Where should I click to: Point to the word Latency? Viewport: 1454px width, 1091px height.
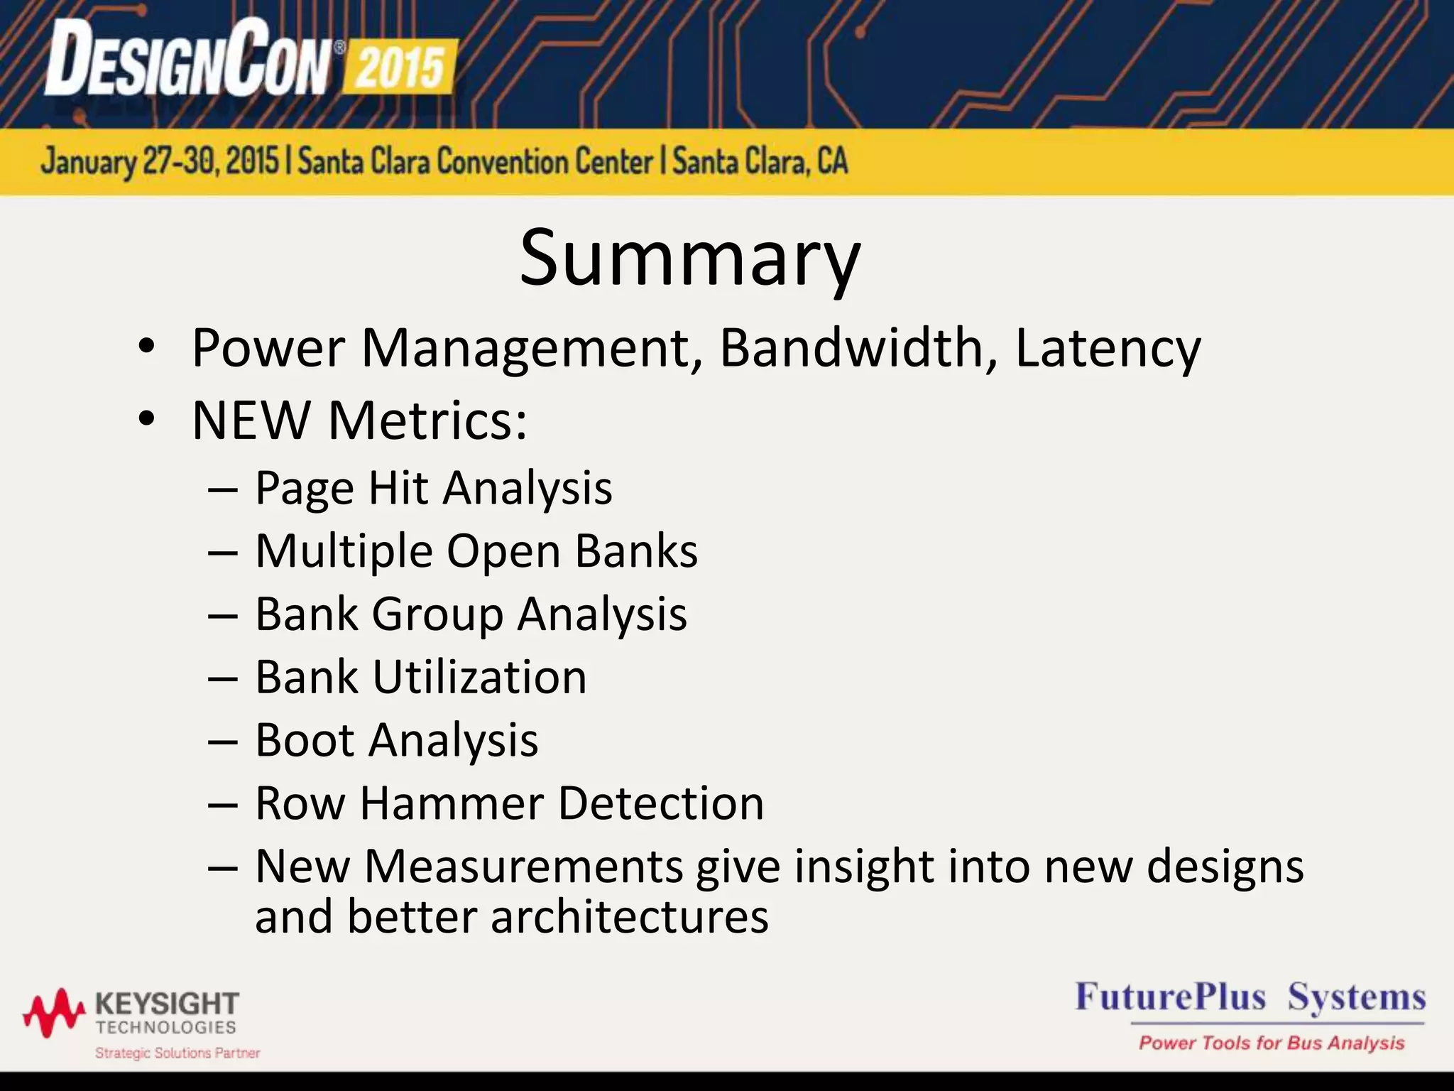1108,348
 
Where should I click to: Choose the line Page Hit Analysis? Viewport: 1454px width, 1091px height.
433,488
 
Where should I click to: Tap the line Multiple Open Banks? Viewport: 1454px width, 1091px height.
476,551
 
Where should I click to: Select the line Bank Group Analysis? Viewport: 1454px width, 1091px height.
471,614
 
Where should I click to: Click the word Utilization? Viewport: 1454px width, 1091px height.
480,677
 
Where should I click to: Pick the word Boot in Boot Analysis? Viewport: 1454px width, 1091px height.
305,740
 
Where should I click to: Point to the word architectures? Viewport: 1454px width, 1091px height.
629,916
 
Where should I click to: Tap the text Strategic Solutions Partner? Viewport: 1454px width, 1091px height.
177,1053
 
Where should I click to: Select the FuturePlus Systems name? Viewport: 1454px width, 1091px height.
1250,997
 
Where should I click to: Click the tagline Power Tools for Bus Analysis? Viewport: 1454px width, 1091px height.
1272,1043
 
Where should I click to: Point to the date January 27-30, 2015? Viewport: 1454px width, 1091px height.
160,162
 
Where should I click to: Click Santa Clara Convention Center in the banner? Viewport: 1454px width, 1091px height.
475,162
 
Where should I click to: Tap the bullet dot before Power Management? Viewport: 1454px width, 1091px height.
146,348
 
